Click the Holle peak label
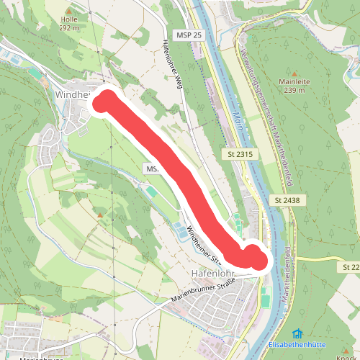[69, 20]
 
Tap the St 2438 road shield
[285, 199]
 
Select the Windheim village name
[71, 94]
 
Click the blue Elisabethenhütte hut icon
[297, 333]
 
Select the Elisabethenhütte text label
[297, 343]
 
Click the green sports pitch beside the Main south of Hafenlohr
[265, 295]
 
